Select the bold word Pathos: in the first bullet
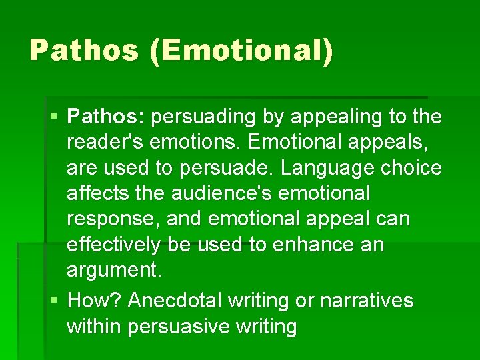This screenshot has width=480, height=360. coord(106,117)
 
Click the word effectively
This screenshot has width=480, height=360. coord(113,245)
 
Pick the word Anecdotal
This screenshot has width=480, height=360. coord(175,301)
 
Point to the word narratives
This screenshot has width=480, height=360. coord(367,301)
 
